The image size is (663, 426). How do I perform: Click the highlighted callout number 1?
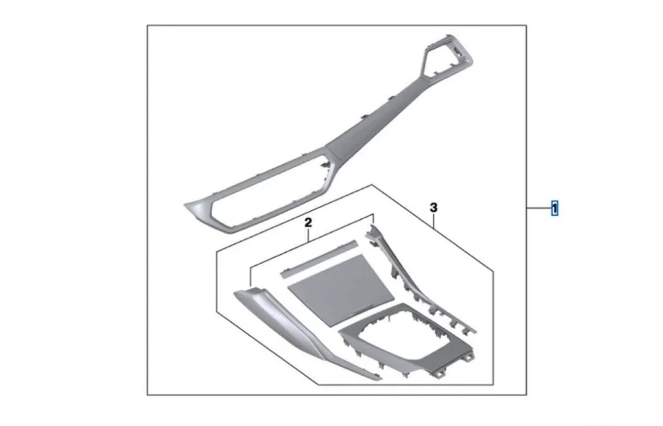(554, 208)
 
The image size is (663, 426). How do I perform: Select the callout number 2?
(308, 223)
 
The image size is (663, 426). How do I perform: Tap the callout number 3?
(434, 208)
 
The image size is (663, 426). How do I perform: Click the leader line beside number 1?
(539, 209)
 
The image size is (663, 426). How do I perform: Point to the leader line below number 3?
(434, 221)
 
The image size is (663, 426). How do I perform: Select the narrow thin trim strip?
(319, 259)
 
